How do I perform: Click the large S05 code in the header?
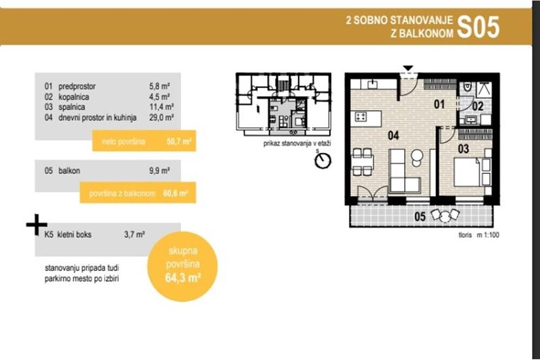478,26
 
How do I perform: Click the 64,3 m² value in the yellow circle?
183,280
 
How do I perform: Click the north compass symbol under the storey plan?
323,160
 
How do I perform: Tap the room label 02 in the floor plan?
477,106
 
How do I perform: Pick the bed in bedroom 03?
468,172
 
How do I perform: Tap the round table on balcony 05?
444,217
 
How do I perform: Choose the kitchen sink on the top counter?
372,84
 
